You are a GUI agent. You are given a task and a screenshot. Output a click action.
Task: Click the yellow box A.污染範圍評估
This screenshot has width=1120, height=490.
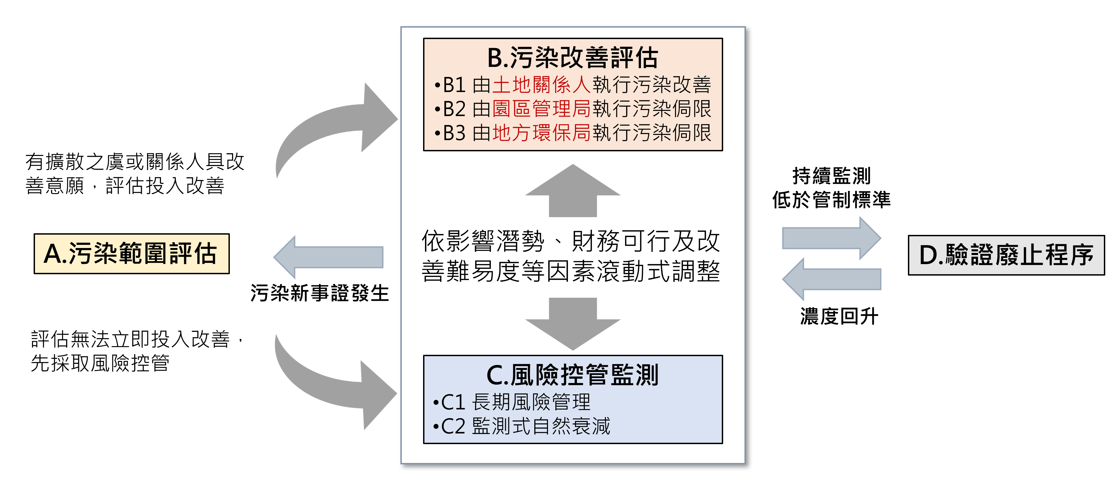(131, 254)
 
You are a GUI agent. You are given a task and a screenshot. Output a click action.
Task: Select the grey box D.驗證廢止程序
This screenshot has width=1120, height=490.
(1006, 255)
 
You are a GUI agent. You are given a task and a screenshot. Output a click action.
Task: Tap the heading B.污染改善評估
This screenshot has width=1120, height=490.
(573, 58)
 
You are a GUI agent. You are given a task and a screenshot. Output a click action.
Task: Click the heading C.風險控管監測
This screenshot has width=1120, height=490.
(573, 375)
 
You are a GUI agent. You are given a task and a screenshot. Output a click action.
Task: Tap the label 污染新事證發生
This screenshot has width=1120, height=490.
(319, 293)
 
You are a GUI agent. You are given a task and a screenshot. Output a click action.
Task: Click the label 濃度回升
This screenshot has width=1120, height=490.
(839, 316)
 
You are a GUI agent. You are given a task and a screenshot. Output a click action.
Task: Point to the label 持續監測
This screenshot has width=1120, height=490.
(831, 176)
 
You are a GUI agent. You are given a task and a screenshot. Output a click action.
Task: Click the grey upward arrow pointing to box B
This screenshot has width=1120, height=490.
(573, 191)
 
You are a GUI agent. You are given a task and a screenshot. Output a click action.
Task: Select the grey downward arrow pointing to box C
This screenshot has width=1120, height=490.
(573, 324)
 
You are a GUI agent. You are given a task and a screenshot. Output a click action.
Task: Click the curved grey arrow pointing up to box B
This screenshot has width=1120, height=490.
(339, 126)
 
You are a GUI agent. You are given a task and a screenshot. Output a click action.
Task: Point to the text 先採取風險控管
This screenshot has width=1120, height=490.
(100, 363)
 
